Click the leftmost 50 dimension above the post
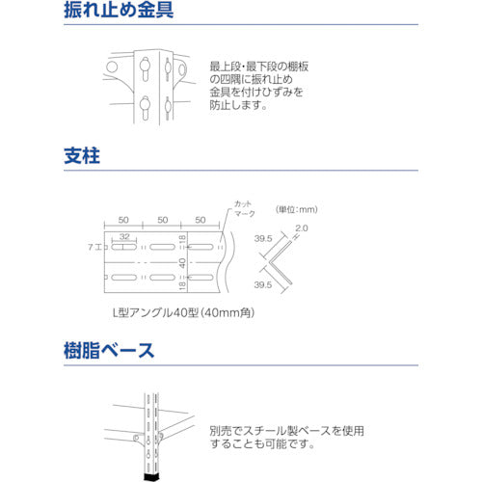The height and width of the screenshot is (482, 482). pyautogui.click(x=123, y=220)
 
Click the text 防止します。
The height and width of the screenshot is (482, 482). pyautogui.click(x=237, y=107)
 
